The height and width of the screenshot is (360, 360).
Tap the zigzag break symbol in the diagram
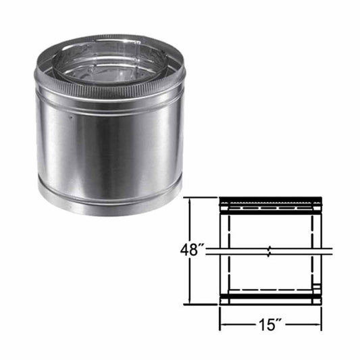[x=271, y=251]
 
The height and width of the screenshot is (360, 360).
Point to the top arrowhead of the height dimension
[x=193, y=201]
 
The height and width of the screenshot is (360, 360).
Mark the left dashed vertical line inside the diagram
[x=230, y=250]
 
